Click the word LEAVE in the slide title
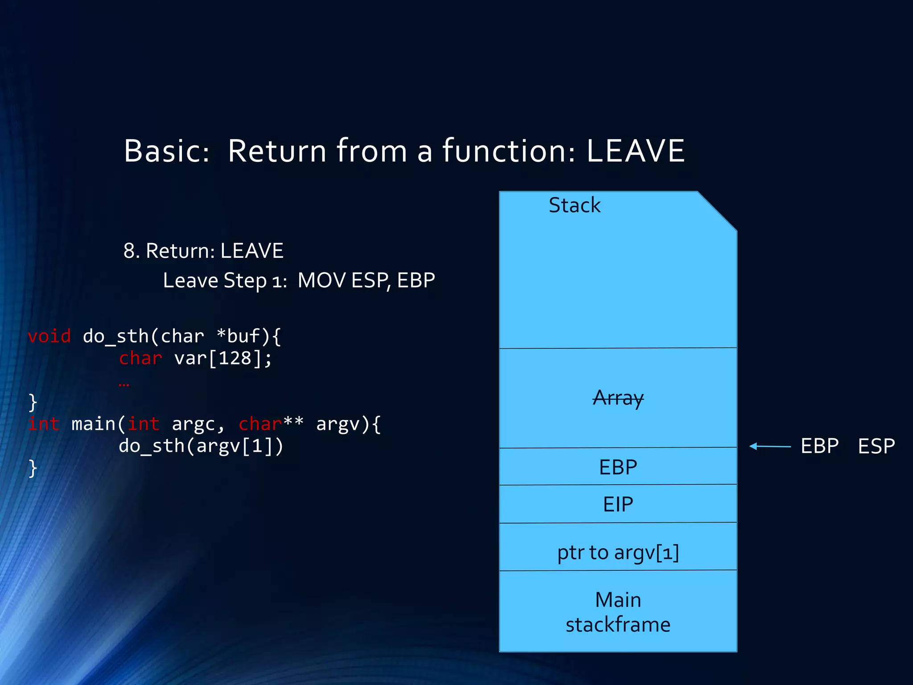[635, 151]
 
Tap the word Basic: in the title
[166, 151]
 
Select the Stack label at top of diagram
[574, 205]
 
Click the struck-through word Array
[618, 398]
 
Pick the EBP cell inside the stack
[618, 467]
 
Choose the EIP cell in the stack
[618, 504]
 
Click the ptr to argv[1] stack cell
[618, 552]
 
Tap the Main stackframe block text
[618, 612]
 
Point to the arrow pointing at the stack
[770, 446]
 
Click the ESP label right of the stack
[876, 446]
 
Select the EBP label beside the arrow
[819, 446]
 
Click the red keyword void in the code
[49, 336]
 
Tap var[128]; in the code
[222, 358]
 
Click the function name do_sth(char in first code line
[143, 336]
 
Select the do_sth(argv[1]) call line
[201, 446]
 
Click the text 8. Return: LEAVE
[203, 251]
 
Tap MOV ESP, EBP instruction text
[366, 281]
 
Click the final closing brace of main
[33, 468]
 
